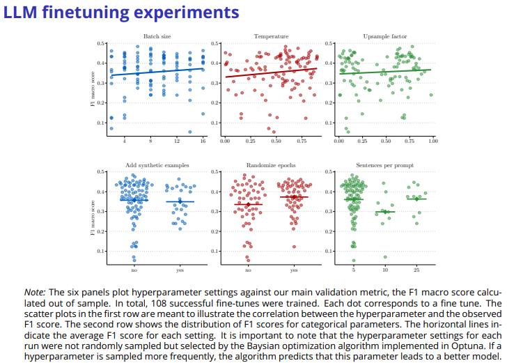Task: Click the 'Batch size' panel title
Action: point(157,36)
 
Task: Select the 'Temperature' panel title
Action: point(270,36)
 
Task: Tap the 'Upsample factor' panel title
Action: point(384,36)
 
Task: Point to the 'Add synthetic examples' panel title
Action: point(157,165)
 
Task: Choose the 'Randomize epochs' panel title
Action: point(270,165)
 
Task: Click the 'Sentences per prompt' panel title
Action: point(384,165)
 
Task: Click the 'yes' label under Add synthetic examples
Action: point(180,269)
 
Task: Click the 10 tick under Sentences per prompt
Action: point(384,269)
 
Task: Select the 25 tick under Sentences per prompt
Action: point(416,269)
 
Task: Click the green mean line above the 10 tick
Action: point(384,212)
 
